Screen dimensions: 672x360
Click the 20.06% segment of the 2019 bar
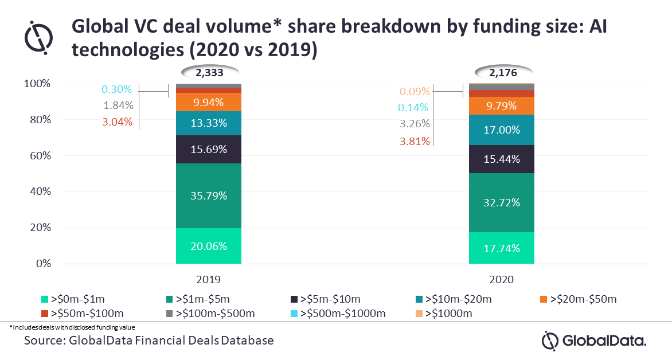(x=209, y=245)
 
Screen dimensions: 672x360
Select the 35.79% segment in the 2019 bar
(x=209, y=195)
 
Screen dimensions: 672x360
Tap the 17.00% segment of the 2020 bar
(x=502, y=130)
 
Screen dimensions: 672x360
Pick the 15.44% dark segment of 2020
(x=502, y=159)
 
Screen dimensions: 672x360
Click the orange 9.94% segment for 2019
(x=209, y=102)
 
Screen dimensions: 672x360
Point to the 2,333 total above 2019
(x=210, y=72)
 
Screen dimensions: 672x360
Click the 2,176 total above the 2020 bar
(x=503, y=72)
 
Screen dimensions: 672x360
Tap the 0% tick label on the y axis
(x=43, y=263)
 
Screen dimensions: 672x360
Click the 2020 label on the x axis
(x=502, y=280)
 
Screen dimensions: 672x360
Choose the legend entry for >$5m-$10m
(x=326, y=299)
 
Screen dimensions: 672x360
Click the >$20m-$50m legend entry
(x=578, y=299)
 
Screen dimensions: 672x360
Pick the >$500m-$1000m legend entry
(x=338, y=314)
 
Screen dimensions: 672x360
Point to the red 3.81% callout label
(x=415, y=141)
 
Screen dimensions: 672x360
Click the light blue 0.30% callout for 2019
(x=116, y=89)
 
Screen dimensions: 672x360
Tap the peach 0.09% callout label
(x=415, y=91)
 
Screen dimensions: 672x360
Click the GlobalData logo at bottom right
(x=594, y=341)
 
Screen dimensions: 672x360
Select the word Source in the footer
(x=43, y=341)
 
